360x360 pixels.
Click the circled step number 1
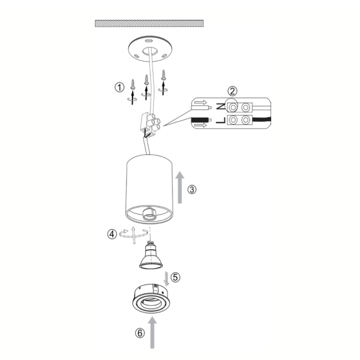(119, 87)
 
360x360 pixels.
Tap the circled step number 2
(232, 91)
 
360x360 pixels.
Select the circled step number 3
(192, 190)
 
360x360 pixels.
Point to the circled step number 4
(112, 234)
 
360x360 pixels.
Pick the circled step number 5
(175, 277)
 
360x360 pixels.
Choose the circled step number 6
(140, 333)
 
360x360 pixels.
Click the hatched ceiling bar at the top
(149, 23)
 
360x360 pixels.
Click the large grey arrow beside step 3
(180, 187)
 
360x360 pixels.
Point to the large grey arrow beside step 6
(152, 332)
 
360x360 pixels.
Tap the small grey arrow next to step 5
(167, 278)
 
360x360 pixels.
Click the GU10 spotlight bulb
(151, 255)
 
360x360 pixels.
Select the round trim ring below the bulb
(151, 299)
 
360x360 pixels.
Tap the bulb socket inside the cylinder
(149, 215)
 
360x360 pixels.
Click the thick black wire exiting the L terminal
(262, 120)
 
